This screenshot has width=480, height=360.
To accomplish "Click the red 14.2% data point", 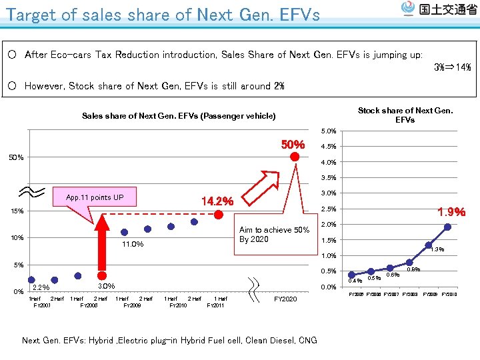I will pos(218,214).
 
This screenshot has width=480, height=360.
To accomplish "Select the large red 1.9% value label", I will pos(451,213).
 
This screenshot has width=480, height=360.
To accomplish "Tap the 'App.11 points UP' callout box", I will pos(94,197).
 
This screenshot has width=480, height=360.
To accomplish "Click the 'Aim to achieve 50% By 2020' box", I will pos(274,235).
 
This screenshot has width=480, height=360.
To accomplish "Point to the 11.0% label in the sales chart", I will pos(133,245).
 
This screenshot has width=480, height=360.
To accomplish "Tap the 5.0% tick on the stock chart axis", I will pos(329,131).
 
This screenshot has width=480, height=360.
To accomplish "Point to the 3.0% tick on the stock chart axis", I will pos(329,193).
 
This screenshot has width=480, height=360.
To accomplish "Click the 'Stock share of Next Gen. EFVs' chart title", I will pos(405,115).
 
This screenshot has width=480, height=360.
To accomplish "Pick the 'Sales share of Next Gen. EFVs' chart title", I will pos(179,116).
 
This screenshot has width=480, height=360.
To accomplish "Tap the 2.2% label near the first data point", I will pos(41,288).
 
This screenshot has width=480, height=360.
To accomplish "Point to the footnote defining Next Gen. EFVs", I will pos(169,340).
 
